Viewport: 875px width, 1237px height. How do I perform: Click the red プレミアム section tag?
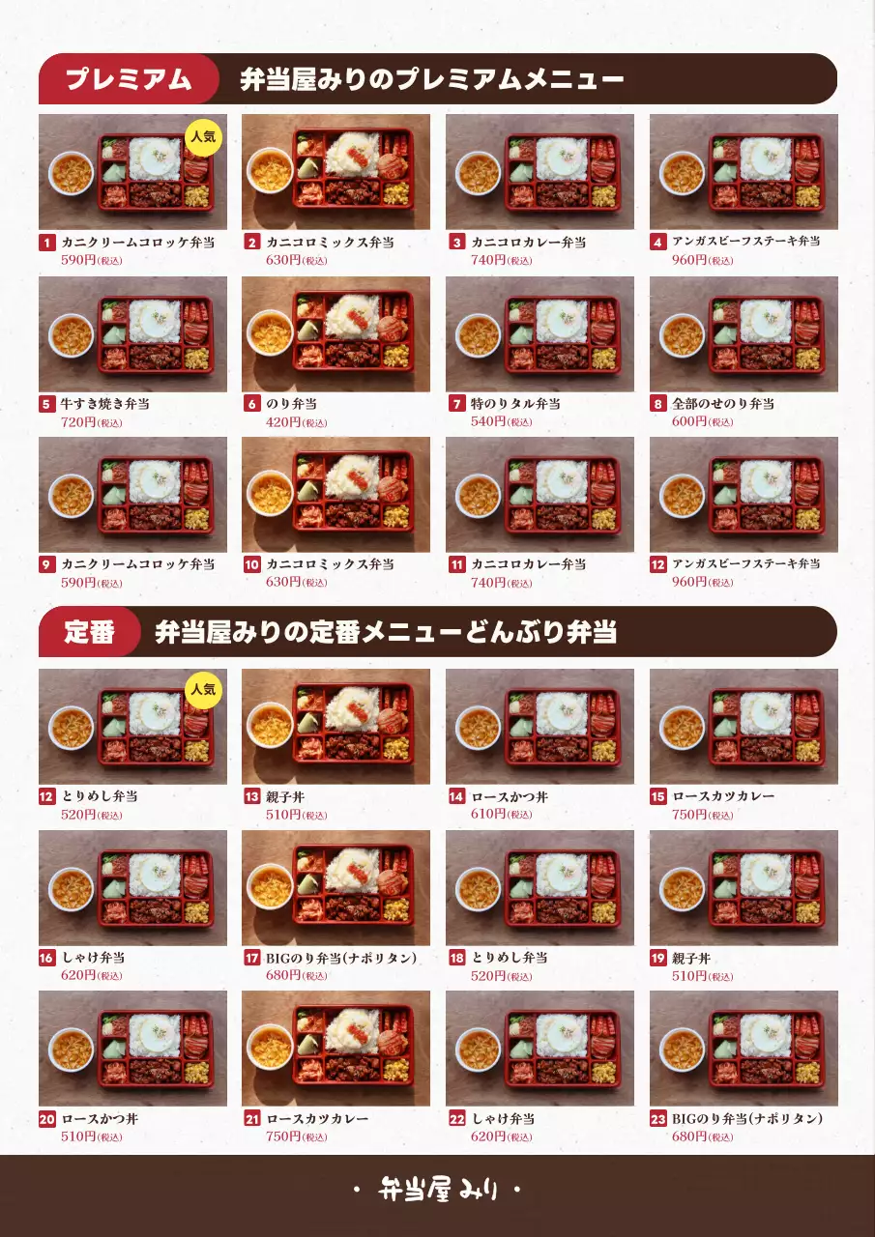[x=128, y=79]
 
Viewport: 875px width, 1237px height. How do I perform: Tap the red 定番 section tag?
[x=90, y=633]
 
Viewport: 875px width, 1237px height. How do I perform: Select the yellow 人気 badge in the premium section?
[x=203, y=137]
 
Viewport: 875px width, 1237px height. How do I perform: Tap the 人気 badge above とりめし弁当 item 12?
[x=203, y=690]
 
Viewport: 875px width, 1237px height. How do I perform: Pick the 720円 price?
[x=78, y=422]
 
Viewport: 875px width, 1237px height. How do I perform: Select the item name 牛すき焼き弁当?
[x=105, y=404]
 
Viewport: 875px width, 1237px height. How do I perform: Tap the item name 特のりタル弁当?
[x=515, y=404]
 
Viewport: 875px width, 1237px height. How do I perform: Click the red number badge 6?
[x=251, y=404]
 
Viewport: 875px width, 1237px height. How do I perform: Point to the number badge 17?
[x=251, y=958]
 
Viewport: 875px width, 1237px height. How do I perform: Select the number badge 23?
[x=658, y=1119]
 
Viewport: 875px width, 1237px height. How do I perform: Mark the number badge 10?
[x=251, y=564]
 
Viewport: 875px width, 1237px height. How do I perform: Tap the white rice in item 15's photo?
[x=765, y=711]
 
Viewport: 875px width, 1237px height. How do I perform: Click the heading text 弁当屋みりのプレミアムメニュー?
[x=431, y=79]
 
